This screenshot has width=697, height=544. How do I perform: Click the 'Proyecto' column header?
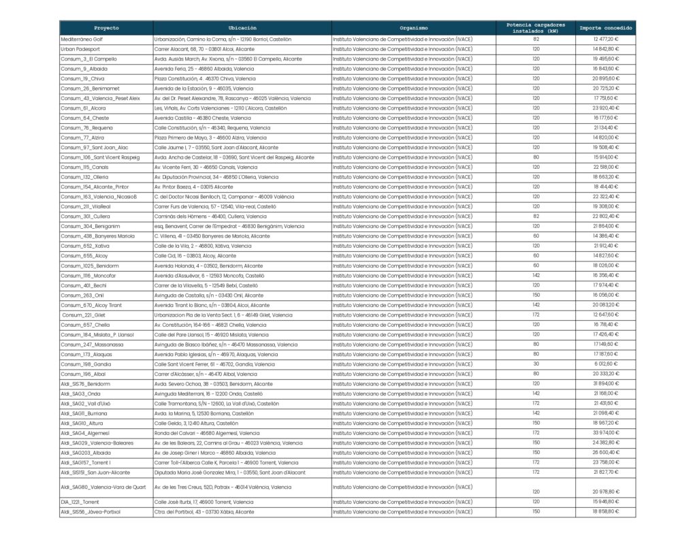coord(106,28)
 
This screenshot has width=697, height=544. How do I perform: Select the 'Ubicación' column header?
coord(242,28)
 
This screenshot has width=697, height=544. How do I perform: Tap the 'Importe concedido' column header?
coord(605,28)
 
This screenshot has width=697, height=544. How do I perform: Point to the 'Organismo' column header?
coord(414,28)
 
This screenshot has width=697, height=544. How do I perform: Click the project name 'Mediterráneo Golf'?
coord(82,39)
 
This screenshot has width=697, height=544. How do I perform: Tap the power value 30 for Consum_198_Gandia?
coord(536,364)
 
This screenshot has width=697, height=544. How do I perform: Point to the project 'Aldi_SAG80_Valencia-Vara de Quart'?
coord(103,487)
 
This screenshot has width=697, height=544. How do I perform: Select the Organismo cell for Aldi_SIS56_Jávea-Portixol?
coord(402,511)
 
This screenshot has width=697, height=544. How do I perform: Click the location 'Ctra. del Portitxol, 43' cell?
coord(204,511)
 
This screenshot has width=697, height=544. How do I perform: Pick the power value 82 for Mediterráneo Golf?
coord(536,39)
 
